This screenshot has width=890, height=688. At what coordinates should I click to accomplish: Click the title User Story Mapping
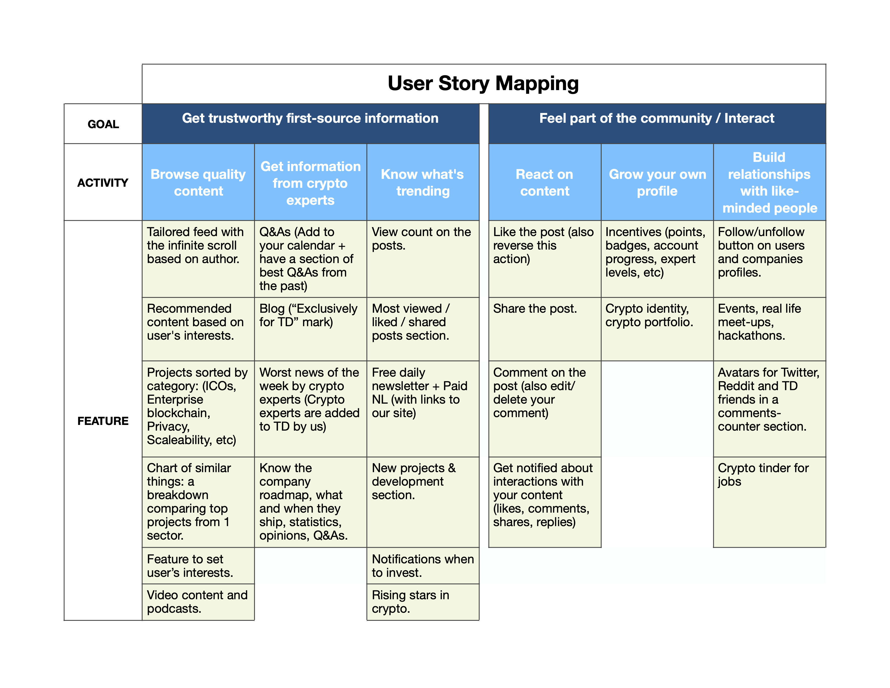pyautogui.click(x=483, y=84)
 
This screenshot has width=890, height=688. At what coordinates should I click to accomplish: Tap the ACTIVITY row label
pyautogui.click(x=103, y=183)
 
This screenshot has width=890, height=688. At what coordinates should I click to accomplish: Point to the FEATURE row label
pyautogui.click(x=103, y=421)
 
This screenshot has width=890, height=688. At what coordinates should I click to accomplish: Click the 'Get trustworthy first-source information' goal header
pyautogui.click(x=310, y=118)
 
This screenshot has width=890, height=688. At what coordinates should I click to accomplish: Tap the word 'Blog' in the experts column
pyautogui.click(x=272, y=309)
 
